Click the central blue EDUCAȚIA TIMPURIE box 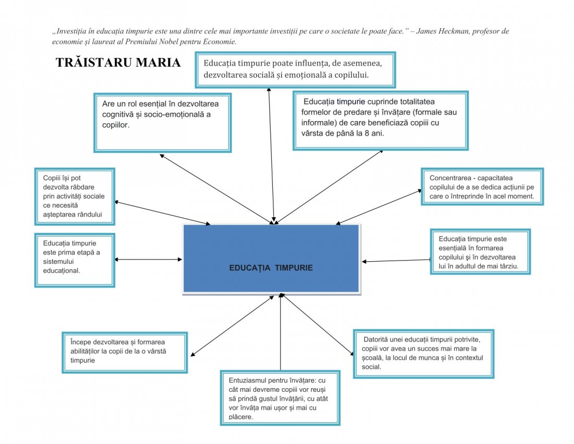271,259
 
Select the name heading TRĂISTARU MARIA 118,63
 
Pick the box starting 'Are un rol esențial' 162,123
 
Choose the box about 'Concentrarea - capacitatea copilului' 482,186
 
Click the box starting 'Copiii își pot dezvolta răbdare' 75,196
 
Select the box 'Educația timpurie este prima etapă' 75,260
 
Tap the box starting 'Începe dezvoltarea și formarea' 125,353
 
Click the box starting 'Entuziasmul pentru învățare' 280,398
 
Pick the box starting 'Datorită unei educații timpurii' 424,354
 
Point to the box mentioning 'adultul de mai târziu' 480,252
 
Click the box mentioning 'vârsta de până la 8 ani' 381,121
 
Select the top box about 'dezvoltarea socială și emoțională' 295,69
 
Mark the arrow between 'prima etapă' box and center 148,260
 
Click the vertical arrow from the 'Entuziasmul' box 280,332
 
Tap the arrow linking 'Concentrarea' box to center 378,207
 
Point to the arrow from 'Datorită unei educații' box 318,324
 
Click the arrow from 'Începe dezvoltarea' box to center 232,325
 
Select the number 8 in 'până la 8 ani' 367,133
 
